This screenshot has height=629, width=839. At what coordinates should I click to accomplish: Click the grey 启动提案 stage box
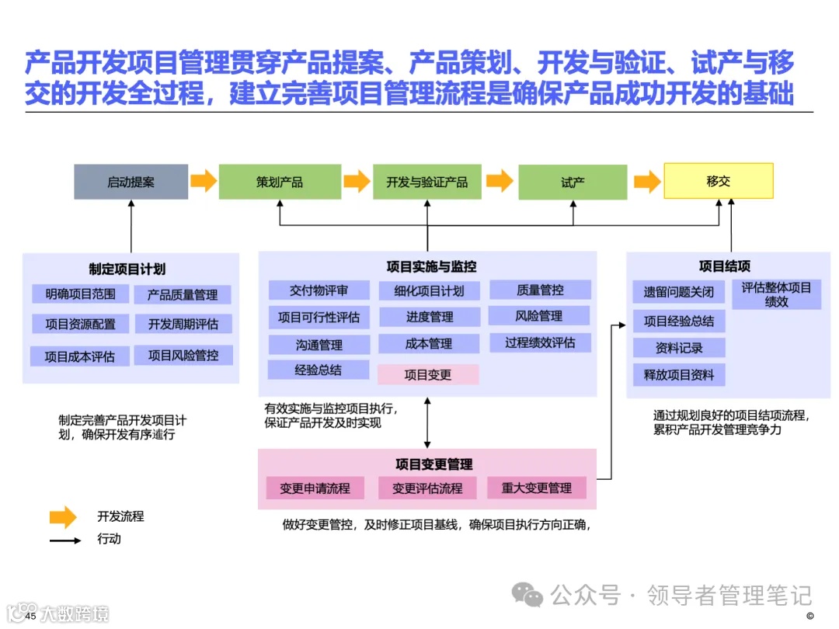pyautogui.click(x=131, y=182)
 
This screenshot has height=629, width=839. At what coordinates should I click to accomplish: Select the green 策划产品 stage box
pyautogui.click(x=280, y=182)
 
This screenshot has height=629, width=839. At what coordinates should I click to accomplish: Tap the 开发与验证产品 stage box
pyautogui.click(x=426, y=182)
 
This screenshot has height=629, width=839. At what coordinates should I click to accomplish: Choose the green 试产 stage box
pyautogui.click(x=573, y=182)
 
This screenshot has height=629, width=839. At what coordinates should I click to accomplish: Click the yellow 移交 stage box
pyautogui.click(x=718, y=181)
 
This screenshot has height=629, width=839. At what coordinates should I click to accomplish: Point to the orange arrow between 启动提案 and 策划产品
pyautogui.click(x=204, y=182)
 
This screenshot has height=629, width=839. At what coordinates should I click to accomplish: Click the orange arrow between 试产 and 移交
pyautogui.click(x=646, y=182)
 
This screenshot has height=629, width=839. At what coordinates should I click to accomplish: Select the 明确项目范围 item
pyautogui.click(x=81, y=294)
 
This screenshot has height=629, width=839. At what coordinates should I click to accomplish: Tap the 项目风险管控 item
pyautogui.click(x=183, y=355)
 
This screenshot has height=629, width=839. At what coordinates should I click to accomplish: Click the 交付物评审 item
pyautogui.click(x=319, y=290)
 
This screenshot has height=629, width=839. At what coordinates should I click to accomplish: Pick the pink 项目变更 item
pyautogui.click(x=428, y=374)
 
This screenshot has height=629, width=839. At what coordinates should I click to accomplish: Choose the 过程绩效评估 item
pyautogui.click(x=540, y=342)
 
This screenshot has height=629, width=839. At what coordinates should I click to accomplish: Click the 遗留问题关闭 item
pyautogui.click(x=678, y=292)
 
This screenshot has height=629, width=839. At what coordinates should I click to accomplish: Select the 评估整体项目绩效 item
pyautogui.click(x=776, y=294)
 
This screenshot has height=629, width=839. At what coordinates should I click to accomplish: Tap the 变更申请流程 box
pyautogui.click(x=315, y=488)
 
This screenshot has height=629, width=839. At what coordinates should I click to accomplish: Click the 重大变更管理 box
pyautogui.click(x=536, y=488)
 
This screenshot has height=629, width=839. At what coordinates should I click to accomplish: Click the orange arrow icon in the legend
pyautogui.click(x=63, y=516)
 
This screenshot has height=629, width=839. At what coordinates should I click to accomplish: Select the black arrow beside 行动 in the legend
pyautogui.click(x=65, y=540)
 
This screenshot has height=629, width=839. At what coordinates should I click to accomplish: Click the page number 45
pyautogui.click(x=31, y=616)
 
